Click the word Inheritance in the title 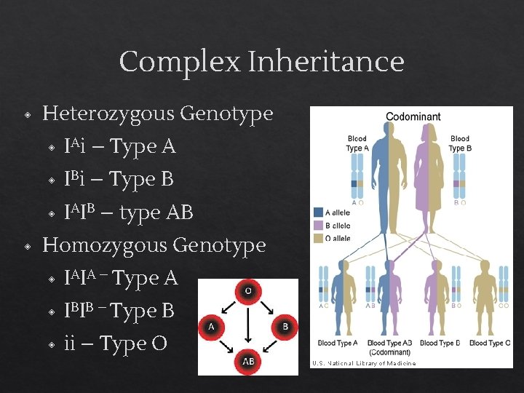[325, 62]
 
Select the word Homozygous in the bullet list [105, 245]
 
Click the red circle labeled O [247, 292]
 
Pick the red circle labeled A [211, 327]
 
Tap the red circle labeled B [285, 327]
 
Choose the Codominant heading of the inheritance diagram [413, 116]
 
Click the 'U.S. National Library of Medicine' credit [364, 363]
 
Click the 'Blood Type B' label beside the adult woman [460, 143]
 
